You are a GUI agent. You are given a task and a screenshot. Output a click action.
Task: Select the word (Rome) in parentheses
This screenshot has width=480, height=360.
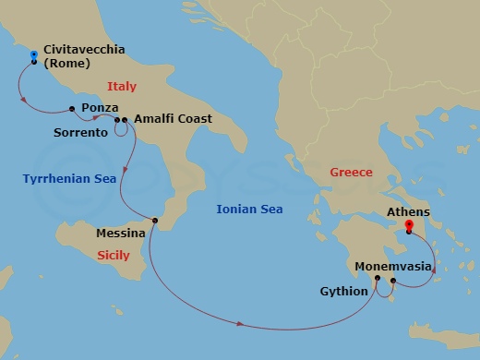coord(66,64)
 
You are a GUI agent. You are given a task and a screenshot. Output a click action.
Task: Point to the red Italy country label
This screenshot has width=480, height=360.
coord(122,87)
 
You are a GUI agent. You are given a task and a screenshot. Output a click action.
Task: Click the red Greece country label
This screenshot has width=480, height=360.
coord(351,173)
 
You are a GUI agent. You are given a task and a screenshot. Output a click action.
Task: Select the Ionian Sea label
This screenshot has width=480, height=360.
coord(248,210)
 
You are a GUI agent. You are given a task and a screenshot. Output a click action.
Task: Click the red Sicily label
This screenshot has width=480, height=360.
coord(114,256)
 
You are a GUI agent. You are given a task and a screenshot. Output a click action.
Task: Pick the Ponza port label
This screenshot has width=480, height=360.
coord(99,108)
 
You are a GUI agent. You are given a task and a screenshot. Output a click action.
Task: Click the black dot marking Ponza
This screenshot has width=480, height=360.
coord(72,109)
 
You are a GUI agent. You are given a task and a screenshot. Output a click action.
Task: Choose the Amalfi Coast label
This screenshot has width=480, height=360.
coord(173,119)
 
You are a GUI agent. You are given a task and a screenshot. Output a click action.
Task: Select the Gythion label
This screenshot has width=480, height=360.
coord(342,292)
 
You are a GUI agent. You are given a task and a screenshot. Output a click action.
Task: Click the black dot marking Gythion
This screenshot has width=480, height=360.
coord(378,278)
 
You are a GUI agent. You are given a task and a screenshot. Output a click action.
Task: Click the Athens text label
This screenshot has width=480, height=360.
coord(408,211)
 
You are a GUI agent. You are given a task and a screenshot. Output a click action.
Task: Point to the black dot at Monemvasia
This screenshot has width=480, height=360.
coord(393,281)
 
